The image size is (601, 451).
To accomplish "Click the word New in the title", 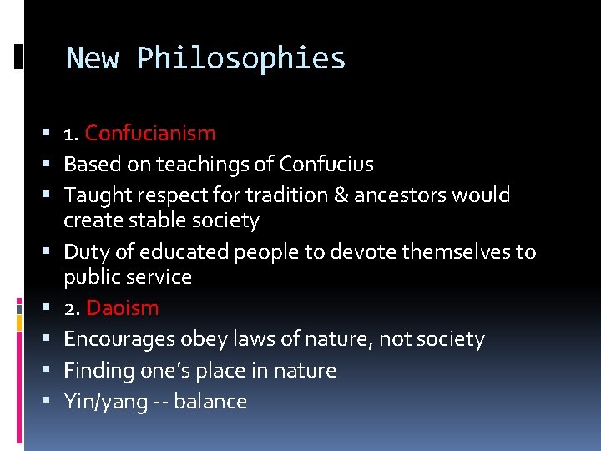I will (92, 58).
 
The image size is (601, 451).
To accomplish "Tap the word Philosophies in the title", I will (241, 58).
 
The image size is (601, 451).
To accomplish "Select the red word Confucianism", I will (150, 133).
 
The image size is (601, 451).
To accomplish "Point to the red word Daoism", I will (122, 307).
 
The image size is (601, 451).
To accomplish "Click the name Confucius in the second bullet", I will (326, 164).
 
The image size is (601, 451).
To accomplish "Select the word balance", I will (210, 402).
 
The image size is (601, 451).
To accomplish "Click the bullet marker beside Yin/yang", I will (52, 402).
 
